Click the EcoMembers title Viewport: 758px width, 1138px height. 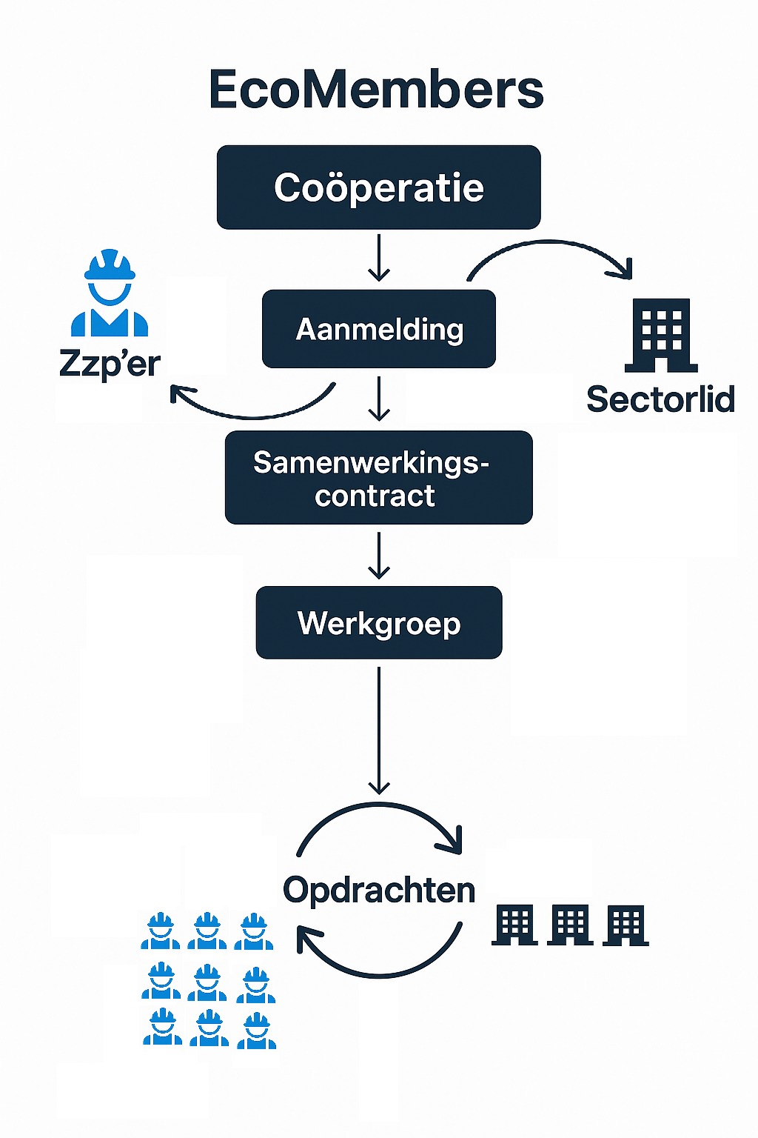(376, 90)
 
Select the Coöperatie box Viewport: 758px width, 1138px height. (378, 187)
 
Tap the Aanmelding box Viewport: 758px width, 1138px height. (379, 329)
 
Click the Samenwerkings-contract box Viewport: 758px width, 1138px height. (378, 478)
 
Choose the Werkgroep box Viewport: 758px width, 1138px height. (378, 622)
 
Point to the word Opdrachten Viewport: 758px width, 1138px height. (378, 890)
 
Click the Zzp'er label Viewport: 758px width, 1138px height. (110, 363)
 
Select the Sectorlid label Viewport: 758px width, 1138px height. (660, 399)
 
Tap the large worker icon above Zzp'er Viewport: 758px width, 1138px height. (110, 293)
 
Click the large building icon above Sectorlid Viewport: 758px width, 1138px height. (661, 335)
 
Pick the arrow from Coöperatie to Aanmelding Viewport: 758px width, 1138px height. (379, 258)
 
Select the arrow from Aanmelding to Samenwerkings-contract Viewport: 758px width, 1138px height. (379, 399)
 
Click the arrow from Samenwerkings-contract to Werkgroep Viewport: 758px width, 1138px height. (379, 555)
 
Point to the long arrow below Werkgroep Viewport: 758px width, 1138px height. (379, 730)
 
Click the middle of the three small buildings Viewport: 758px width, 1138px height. (570, 925)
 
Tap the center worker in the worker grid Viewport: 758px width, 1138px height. (207, 982)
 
